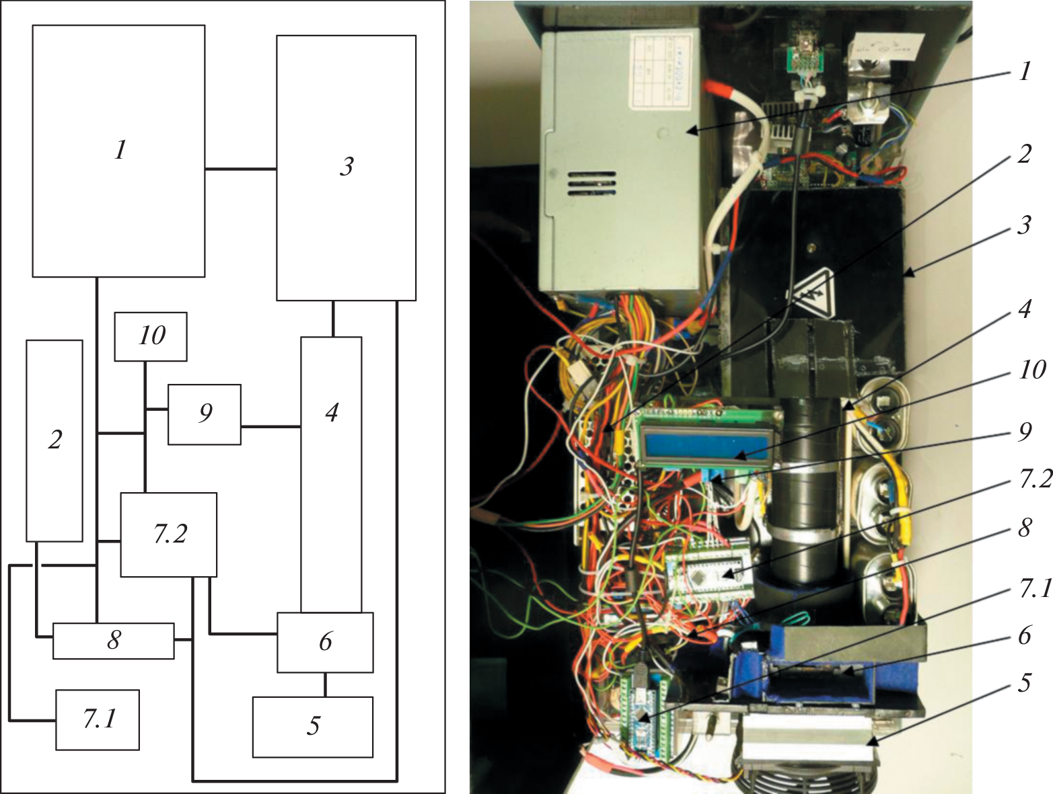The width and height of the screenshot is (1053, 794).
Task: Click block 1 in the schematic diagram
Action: click(x=118, y=151)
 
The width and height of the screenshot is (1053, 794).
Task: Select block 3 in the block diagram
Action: click(x=346, y=167)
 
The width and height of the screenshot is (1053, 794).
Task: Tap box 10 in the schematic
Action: click(x=151, y=336)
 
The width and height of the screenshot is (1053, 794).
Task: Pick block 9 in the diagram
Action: click(x=204, y=414)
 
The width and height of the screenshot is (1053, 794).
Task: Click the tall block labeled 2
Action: click(x=55, y=440)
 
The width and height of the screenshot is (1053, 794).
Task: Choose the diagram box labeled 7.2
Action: click(x=168, y=534)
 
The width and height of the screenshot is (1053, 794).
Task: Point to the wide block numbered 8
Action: click(x=113, y=641)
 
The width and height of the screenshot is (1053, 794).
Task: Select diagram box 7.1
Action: click(x=98, y=719)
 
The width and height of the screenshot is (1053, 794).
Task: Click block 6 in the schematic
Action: click(x=325, y=642)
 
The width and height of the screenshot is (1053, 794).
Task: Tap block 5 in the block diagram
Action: click(x=312, y=727)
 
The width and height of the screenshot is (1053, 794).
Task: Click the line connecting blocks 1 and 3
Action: click(x=240, y=169)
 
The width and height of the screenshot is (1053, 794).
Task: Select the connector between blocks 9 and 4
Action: click(x=270, y=426)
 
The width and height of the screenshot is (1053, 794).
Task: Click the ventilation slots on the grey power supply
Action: click(x=590, y=184)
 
